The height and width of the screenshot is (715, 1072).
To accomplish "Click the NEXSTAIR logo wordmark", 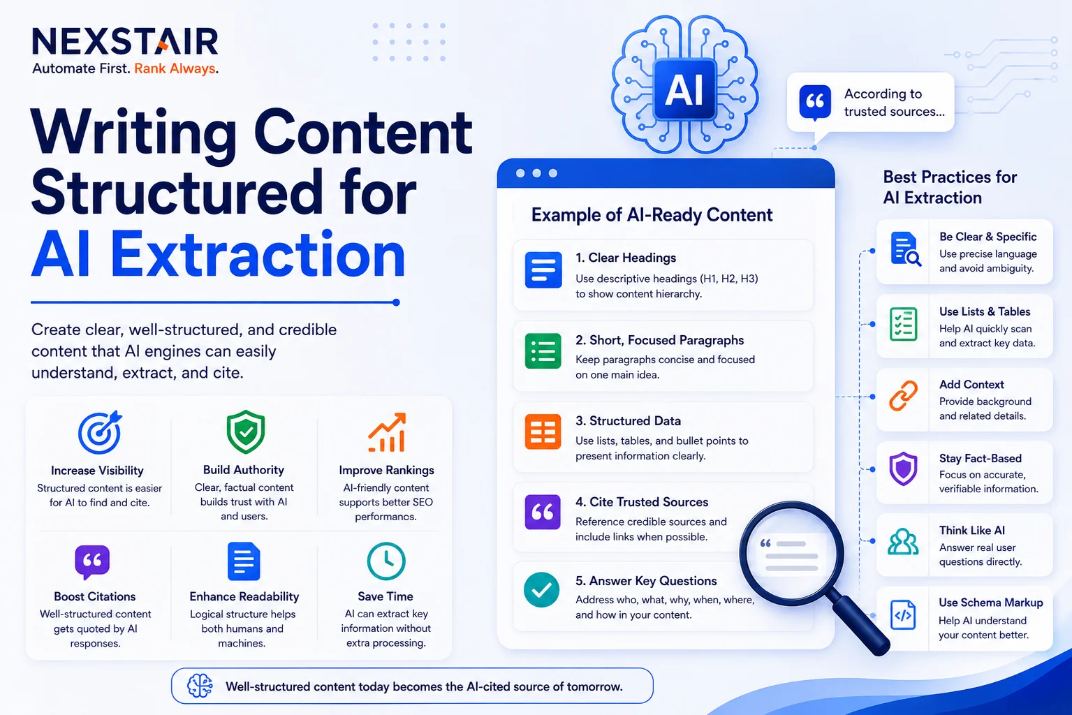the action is pos(125,41).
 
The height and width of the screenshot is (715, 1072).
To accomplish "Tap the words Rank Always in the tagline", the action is pos(175,69).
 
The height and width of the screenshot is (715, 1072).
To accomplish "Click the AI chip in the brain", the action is pos(685,89).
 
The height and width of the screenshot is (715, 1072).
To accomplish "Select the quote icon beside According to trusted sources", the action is pos(815,102).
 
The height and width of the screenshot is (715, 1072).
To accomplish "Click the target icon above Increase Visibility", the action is pos(101,432).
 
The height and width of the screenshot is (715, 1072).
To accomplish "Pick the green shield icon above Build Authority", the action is pos(246,432).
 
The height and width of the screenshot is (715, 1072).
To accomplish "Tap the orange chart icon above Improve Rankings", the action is pos(387,432).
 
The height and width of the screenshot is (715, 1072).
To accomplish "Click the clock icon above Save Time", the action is pos(386,561).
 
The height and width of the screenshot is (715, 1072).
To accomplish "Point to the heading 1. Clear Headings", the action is pos(626,258).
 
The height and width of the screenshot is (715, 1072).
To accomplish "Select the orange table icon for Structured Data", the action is pos(543,432).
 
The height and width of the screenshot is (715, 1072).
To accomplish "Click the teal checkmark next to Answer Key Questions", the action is pos(541,589).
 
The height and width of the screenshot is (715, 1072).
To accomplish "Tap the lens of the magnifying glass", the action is pos(791,553).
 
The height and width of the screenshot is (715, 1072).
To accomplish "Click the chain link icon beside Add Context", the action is pos(904,397).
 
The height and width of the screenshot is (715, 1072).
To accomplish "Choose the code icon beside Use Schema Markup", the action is pos(903,615).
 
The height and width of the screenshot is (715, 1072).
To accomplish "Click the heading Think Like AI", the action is pos(971,530).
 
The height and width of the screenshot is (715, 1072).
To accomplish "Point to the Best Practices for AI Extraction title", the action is pos(950,187).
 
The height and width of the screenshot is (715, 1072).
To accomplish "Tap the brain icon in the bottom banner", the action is pos(200,686).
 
